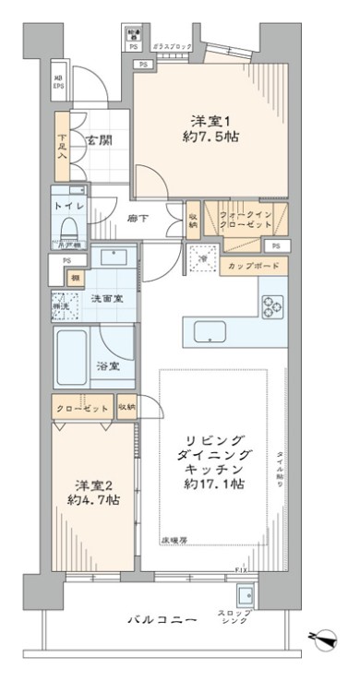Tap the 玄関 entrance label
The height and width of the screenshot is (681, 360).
point(99,140)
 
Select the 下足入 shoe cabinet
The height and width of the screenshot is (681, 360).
point(62,148)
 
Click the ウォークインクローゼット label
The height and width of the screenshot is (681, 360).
point(245,218)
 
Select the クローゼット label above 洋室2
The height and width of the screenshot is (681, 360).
point(80,406)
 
